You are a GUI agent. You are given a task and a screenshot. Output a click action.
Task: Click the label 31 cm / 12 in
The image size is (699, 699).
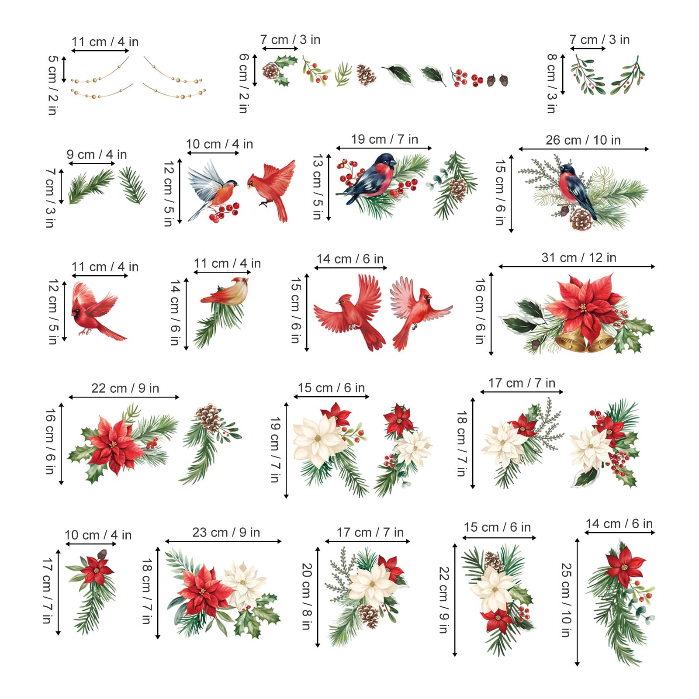coord(579,258)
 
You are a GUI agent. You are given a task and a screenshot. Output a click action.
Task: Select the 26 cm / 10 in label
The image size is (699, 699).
coord(583,140)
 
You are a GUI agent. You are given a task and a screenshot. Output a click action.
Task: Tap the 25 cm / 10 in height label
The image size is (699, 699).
coord(566,600)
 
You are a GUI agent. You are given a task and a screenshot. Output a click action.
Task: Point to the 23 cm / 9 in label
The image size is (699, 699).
coord(226,533)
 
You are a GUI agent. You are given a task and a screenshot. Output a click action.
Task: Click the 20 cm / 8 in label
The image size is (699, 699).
coord(307,596)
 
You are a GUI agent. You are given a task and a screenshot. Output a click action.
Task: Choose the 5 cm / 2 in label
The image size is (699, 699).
coord(53,85)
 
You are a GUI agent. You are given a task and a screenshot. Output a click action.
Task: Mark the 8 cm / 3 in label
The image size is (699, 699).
coord(552,83)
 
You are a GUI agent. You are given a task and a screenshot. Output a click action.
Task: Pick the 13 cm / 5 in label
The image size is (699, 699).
coord(318,187)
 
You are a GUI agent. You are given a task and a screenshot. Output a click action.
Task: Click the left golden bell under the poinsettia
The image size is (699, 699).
coord(569,340)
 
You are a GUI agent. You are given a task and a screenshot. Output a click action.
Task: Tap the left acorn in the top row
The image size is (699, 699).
coord(491,80)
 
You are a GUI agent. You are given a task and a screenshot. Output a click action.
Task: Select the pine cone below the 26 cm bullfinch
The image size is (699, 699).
coord(581,220)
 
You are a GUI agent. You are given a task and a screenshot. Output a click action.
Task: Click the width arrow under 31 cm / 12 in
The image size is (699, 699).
coord(577,266)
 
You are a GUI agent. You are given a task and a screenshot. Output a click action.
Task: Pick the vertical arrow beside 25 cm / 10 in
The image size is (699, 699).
coord(577,602)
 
